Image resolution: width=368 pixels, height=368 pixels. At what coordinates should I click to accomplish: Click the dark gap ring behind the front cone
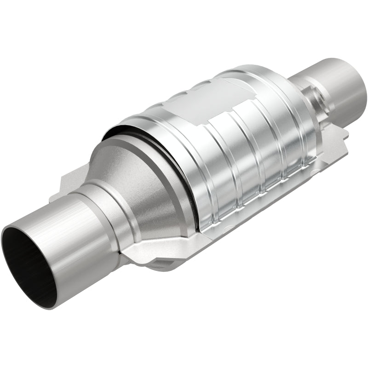[184, 184]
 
